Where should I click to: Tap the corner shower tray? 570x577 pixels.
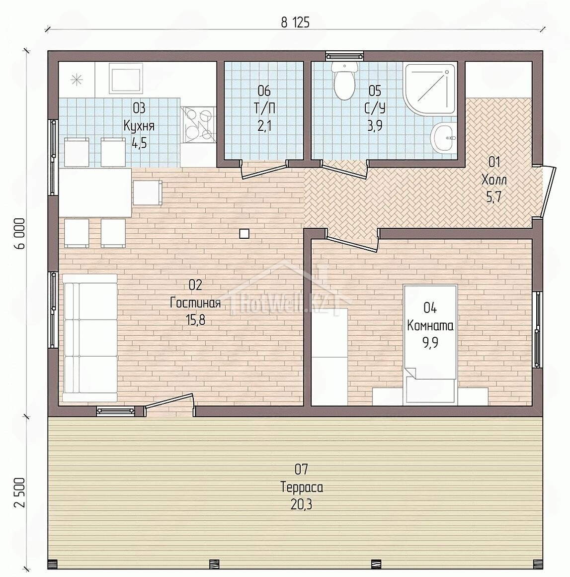(430, 88)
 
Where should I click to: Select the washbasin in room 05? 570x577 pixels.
(443, 138)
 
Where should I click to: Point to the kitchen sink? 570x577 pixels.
(125, 79)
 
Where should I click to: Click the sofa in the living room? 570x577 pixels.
(90, 337)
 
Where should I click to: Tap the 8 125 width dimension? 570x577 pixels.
(295, 23)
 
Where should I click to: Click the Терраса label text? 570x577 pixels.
(302, 487)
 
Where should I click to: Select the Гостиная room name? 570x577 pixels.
(195, 303)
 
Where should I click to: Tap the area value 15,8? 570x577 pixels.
(195, 320)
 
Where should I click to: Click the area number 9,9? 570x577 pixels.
(430, 343)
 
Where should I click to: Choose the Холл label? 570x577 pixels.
(494, 180)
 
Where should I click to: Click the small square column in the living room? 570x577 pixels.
(244, 234)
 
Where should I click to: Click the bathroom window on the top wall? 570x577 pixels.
(344, 56)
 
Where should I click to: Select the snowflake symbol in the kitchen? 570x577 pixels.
(77, 80)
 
